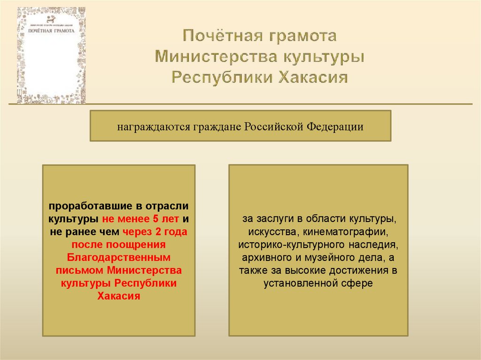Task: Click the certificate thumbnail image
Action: tap(52, 55)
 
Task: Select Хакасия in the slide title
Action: tap(314, 77)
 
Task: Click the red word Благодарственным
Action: tap(118, 258)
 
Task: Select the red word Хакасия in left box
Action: tap(118, 296)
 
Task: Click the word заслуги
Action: tap(271, 219)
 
